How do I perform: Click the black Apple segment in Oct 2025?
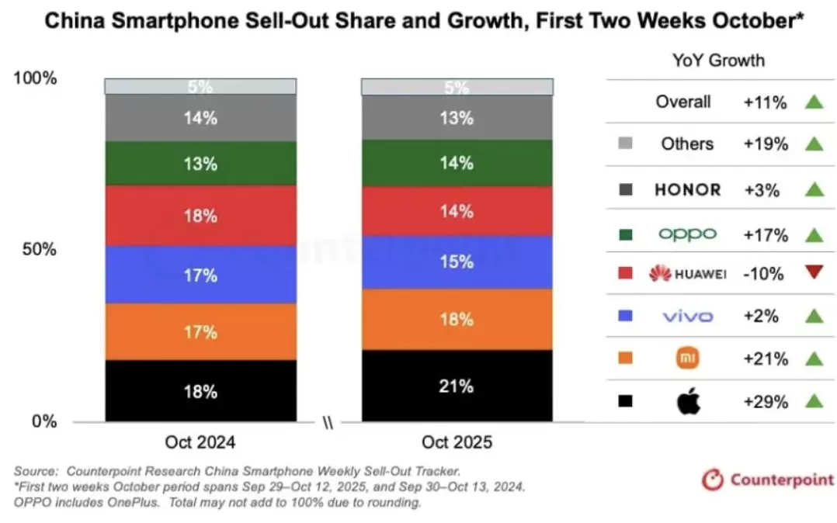tap(457, 386)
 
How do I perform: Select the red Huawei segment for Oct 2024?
tap(200, 216)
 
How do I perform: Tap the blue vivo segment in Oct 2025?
tap(457, 262)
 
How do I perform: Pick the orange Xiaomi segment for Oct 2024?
tap(200, 331)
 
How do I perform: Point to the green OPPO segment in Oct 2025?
tap(457, 163)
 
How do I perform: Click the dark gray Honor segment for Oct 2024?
tap(200, 119)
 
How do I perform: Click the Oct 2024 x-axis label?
tap(200, 443)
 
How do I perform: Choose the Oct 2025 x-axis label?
tap(457, 443)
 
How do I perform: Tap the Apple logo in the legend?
tap(688, 402)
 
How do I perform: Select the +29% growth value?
tap(766, 402)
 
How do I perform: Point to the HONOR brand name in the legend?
tap(687, 189)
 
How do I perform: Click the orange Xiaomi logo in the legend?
tap(688, 358)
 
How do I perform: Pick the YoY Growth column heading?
tap(717, 61)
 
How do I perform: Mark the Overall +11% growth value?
tap(766, 102)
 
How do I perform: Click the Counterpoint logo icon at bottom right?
tap(712, 480)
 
